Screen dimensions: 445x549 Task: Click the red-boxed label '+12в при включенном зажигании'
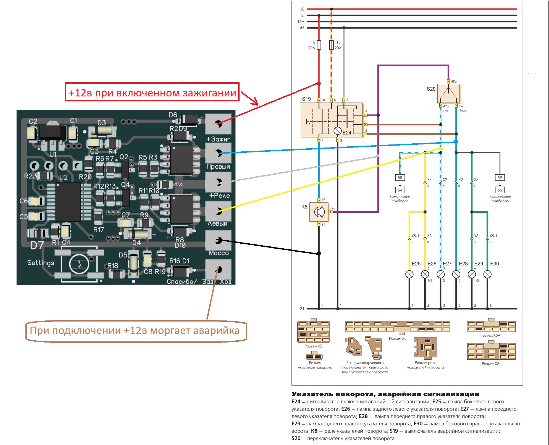click(x=152, y=92)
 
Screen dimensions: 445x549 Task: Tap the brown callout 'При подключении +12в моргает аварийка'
click(x=135, y=331)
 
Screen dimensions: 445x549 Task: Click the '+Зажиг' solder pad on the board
click(x=218, y=124)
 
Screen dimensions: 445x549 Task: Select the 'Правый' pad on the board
click(x=218, y=153)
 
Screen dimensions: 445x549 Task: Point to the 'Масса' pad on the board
click(x=218, y=241)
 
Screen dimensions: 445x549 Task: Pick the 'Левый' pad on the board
click(x=218, y=212)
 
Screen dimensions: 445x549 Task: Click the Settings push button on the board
click(x=79, y=264)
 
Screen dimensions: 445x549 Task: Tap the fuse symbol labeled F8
click(x=319, y=45)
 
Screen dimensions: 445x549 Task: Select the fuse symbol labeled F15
click(x=331, y=45)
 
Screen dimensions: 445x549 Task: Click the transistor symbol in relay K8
click(x=319, y=212)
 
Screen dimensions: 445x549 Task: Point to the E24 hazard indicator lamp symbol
click(x=338, y=131)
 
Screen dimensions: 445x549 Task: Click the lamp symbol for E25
click(x=409, y=274)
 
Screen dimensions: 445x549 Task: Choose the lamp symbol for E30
click(x=487, y=274)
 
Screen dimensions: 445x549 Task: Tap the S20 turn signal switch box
click(x=448, y=93)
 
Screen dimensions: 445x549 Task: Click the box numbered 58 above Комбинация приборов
click(x=400, y=177)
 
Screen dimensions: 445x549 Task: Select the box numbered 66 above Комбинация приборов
click(x=500, y=190)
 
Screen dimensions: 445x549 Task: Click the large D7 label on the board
click(x=37, y=245)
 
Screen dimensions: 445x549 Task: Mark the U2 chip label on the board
click(x=64, y=177)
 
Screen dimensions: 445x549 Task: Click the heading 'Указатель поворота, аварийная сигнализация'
click(x=385, y=394)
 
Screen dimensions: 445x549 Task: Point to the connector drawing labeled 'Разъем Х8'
click(x=491, y=351)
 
